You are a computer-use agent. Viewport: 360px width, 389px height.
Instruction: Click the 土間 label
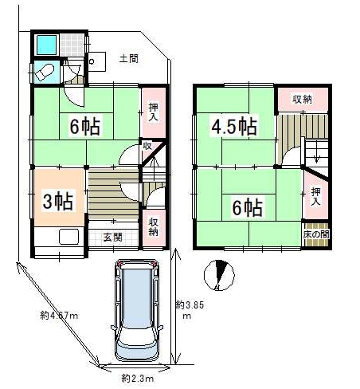pyautogui.click(x=129, y=58)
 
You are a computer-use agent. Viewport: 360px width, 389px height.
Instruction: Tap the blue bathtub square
pyautogui.click(x=46, y=45)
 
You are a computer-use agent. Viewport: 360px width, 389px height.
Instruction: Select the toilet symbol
pyautogui.click(x=45, y=72)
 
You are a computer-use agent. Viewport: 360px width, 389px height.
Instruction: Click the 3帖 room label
pyautogui.click(x=58, y=201)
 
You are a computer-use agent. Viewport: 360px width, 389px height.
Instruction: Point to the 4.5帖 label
pyautogui.click(x=234, y=126)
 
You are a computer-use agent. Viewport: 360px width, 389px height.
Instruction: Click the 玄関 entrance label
pyautogui.click(x=112, y=237)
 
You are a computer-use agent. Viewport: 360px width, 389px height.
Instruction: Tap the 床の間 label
pyautogui.click(x=316, y=234)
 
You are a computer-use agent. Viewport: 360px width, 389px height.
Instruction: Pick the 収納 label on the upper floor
pyautogui.click(x=302, y=99)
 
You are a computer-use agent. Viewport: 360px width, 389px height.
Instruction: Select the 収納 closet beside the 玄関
pyautogui.click(x=154, y=226)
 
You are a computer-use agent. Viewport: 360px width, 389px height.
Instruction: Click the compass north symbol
pyautogui.click(x=219, y=275)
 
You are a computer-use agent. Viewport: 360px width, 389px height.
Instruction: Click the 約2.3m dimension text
pyautogui.click(x=138, y=378)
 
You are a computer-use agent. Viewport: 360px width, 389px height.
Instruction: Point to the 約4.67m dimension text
pyautogui.click(x=59, y=316)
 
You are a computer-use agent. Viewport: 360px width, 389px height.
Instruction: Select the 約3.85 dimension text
pyautogui.click(x=190, y=305)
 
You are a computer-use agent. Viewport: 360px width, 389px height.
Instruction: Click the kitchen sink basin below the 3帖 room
pyautogui.click(x=68, y=236)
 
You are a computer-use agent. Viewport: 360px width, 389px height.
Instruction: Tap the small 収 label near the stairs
pyautogui.click(x=147, y=146)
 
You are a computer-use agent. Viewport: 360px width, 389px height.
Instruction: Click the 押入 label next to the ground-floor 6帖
pyautogui.click(x=153, y=112)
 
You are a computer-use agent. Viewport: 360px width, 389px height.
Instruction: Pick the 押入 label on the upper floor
pyautogui.click(x=315, y=196)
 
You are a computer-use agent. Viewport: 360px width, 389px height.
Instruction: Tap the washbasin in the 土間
pyautogui.click(x=96, y=61)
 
